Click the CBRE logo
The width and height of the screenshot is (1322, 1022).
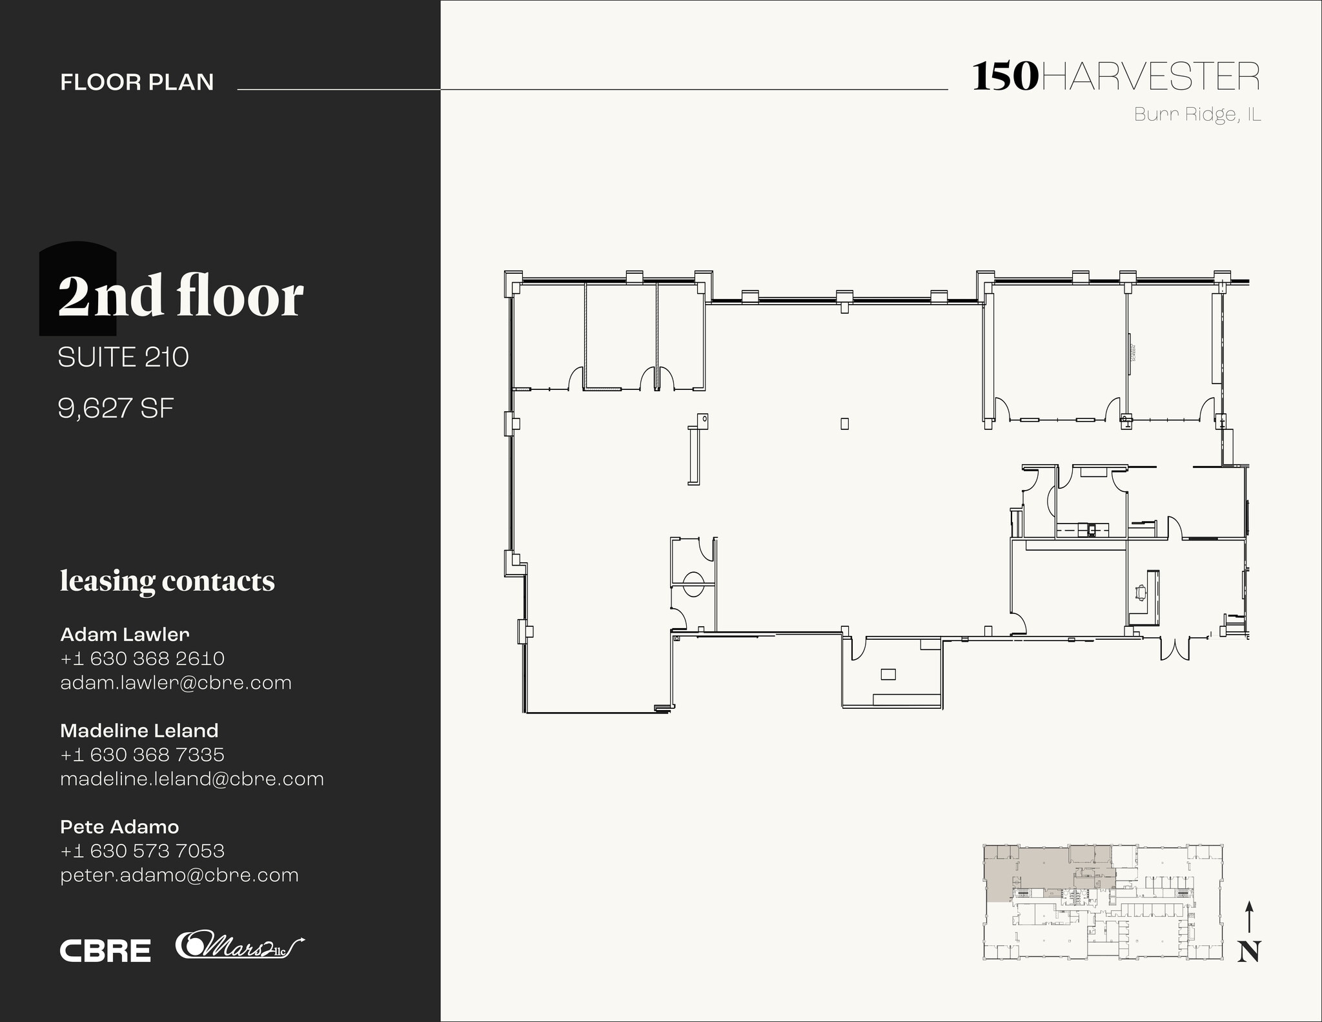(105, 950)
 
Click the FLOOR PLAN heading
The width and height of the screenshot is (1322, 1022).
(137, 82)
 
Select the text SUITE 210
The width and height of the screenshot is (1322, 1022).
(123, 357)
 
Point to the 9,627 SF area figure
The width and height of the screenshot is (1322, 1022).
(116, 408)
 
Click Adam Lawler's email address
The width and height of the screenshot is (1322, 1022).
(176, 682)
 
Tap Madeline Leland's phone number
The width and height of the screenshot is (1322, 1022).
(142, 754)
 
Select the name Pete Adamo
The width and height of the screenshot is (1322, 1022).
(119, 826)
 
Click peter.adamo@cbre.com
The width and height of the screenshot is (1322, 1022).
(179, 875)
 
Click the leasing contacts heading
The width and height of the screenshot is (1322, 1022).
(167, 580)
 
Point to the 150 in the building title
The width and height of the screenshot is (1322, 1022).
(1005, 77)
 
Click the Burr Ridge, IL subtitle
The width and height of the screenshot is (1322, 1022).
(1197, 114)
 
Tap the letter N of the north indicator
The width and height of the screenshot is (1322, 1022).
(1249, 952)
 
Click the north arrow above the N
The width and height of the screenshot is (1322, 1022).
(1249, 917)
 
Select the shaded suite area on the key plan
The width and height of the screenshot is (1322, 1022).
(1033, 868)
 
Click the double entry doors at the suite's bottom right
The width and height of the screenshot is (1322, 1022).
(1175, 648)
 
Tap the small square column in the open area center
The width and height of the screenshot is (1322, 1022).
(844, 424)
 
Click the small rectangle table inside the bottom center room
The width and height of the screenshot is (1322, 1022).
(888, 675)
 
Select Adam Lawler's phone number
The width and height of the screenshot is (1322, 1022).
(142, 659)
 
